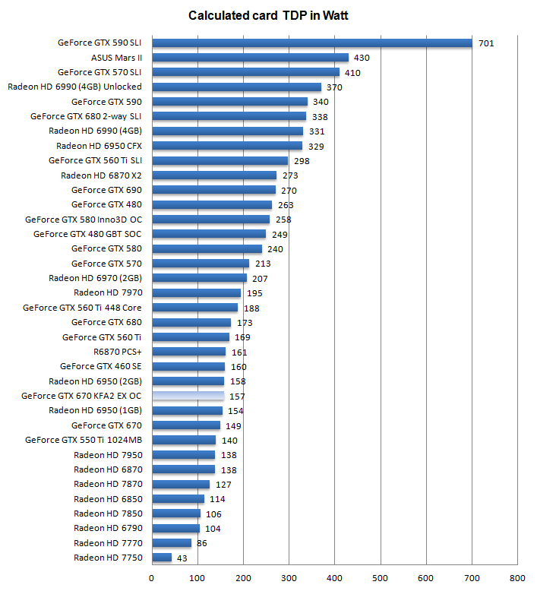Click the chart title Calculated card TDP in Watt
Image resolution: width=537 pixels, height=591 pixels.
tap(268, 15)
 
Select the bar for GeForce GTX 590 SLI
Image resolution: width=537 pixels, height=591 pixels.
tap(312, 43)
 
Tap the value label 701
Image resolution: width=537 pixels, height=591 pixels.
tap(486, 43)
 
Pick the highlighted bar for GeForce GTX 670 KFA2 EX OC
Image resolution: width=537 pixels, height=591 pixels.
tap(188, 396)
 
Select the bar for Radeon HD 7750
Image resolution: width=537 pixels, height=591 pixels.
tap(162, 558)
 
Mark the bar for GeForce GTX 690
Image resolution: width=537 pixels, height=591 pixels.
tap(213, 190)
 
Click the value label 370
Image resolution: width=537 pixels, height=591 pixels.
tap(334, 87)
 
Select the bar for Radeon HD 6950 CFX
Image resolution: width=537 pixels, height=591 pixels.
tap(227, 145)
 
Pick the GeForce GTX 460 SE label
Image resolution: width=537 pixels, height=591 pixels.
tap(101, 366)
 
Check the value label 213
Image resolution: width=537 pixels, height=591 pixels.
tap(263, 264)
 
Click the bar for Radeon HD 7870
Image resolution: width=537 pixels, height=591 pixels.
tap(181, 484)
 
